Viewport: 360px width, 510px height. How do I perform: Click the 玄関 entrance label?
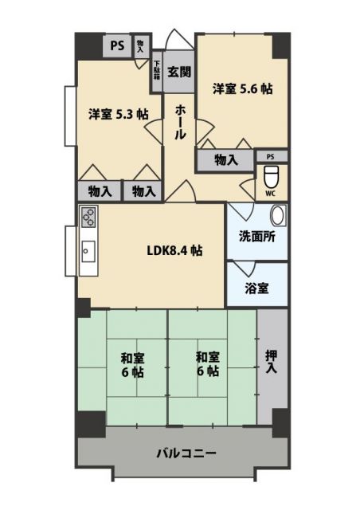click(x=180, y=72)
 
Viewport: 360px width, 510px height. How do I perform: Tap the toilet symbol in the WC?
click(x=270, y=175)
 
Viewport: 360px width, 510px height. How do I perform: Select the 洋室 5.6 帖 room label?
click(x=242, y=89)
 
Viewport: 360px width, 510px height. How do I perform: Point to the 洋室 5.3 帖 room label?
click(x=118, y=114)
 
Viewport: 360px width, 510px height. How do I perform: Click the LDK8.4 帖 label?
click(x=174, y=250)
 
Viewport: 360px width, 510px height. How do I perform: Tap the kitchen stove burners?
click(x=88, y=218)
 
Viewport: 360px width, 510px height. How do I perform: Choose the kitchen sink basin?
click(x=88, y=249)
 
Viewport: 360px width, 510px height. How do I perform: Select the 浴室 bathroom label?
click(x=256, y=288)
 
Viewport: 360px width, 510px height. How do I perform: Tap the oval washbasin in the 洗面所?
click(x=277, y=216)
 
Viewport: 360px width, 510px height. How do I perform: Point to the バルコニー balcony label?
click(x=186, y=453)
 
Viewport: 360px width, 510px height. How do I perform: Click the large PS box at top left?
click(x=117, y=45)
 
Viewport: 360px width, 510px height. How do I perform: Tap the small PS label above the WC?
click(x=271, y=156)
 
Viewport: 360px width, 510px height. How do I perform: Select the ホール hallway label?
click(x=181, y=122)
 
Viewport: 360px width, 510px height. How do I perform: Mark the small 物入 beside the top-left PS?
click(x=141, y=45)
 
